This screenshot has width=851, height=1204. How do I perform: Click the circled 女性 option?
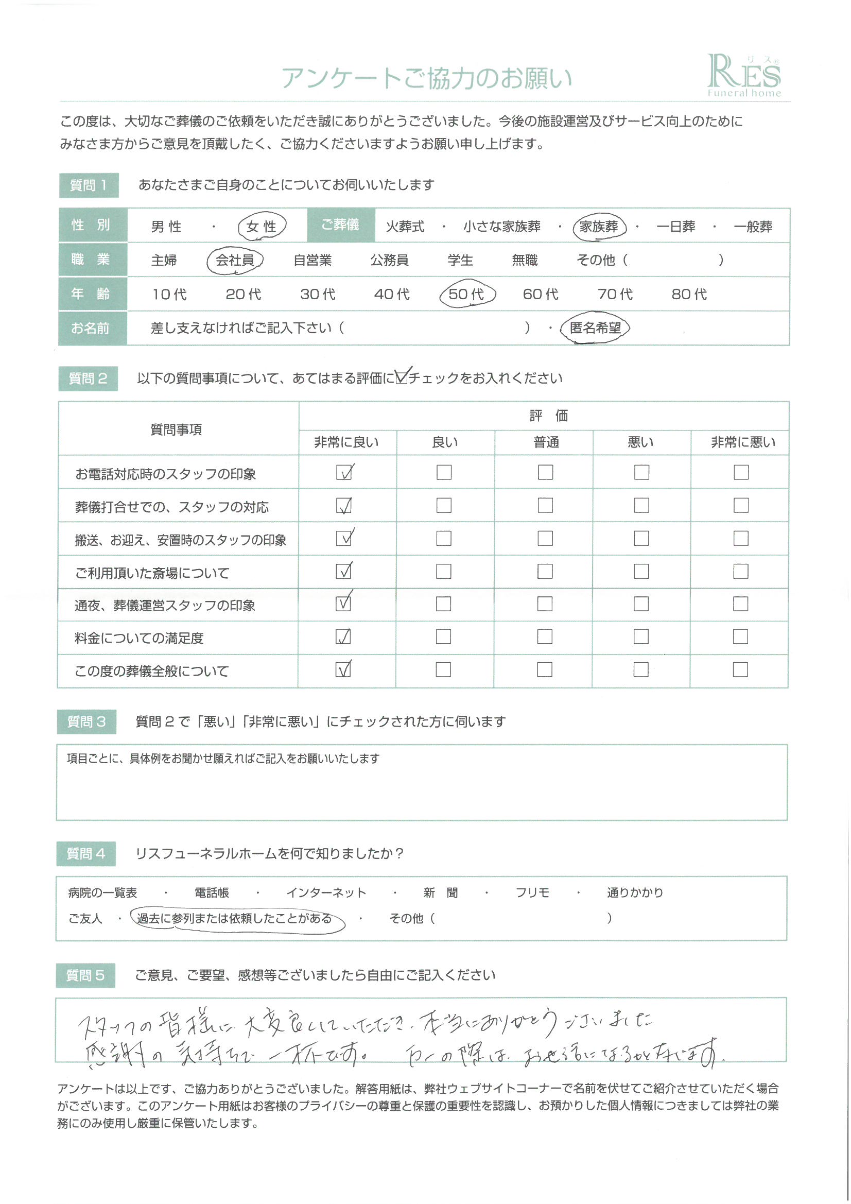click(261, 227)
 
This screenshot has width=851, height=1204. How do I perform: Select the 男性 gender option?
click(166, 227)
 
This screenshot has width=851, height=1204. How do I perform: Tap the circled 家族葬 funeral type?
click(599, 227)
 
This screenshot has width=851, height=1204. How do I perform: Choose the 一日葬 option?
click(675, 227)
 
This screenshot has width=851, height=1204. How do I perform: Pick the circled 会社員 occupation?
click(234, 260)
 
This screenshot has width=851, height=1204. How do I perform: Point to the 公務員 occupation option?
click(389, 260)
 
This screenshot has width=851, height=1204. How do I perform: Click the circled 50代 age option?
click(466, 294)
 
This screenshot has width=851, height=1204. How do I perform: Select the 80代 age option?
click(689, 294)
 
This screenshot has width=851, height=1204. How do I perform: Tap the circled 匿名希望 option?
click(595, 328)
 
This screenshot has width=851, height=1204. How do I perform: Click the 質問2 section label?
click(88, 379)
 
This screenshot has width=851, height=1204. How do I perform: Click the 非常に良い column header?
click(346, 442)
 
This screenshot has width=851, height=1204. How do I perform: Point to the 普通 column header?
click(546, 442)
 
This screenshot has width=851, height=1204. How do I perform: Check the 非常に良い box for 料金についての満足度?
click(343, 637)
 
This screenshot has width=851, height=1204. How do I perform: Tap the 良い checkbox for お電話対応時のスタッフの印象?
click(444, 472)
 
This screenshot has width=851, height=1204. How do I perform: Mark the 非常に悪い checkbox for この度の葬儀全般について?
click(740, 669)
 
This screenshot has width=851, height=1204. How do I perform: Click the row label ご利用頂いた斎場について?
click(152, 573)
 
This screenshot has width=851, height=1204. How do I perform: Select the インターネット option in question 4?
click(325, 892)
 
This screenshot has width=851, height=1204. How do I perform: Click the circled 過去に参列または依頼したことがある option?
click(234, 919)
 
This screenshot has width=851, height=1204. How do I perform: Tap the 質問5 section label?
click(85, 975)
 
